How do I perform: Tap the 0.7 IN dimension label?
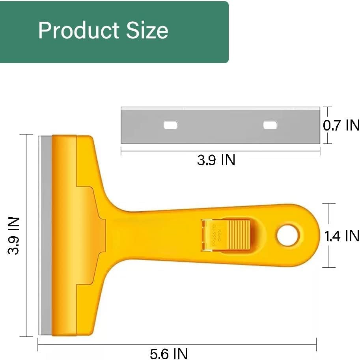coord(341,125)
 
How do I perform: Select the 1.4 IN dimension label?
coord(341,236)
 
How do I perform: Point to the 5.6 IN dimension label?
coord(169,353)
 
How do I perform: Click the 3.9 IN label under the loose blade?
coord(216,160)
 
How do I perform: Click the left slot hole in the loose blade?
coord(170,125)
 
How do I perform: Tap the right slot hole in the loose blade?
coord(270,125)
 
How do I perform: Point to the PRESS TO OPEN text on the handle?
coord(214,235)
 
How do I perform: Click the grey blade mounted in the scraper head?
coord(45,236)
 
